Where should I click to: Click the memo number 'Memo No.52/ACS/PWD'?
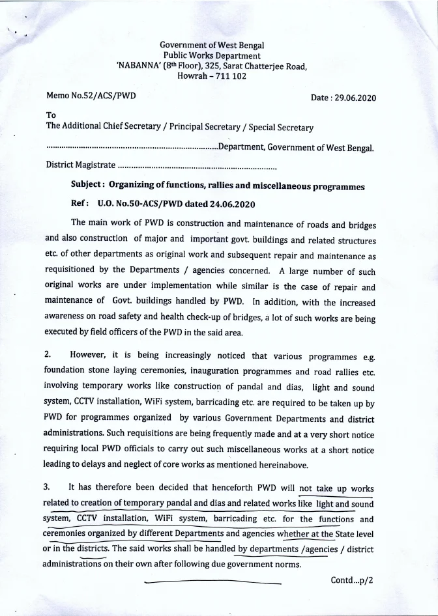coord(91,96)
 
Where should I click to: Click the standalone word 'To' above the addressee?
coord(51,115)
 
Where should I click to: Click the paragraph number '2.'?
coord(50,357)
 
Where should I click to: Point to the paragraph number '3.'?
coord(50,486)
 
